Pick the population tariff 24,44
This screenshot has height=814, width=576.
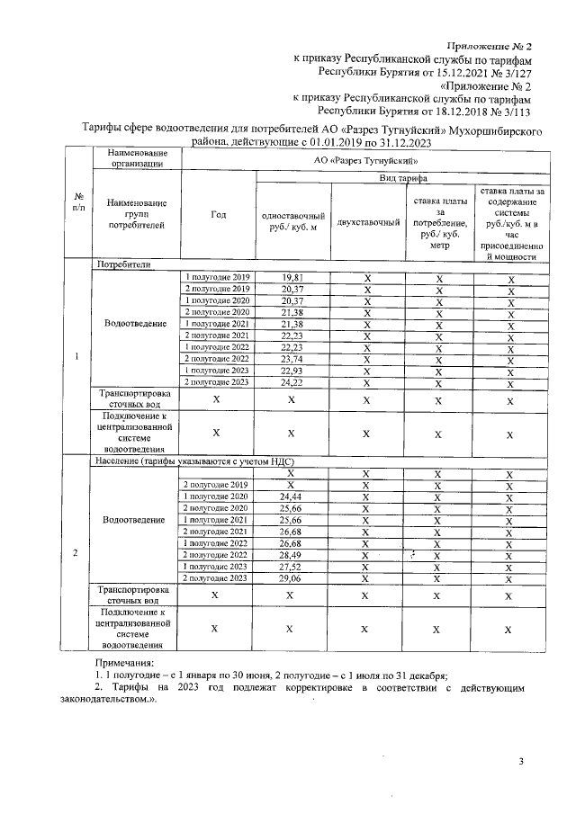click(290, 496)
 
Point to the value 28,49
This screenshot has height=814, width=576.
click(290, 555)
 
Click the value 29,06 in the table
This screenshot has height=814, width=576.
click(290, 578)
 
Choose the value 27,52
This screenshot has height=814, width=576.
click(290, 567)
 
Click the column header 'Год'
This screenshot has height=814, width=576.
click(218, 215)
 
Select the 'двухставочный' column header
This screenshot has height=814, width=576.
click(366, 221)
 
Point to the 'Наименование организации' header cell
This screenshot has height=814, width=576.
click(137, 158)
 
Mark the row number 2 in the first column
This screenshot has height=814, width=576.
click(77, 552)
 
